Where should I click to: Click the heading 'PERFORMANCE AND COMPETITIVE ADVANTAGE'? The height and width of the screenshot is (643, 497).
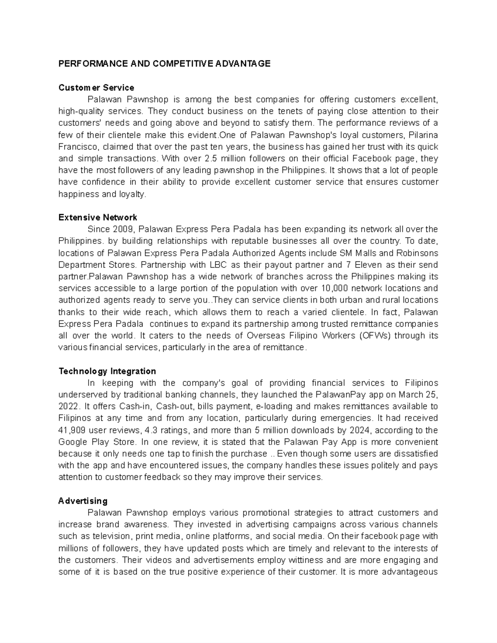(164, 63)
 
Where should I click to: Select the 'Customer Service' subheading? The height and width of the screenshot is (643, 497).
(96, 87)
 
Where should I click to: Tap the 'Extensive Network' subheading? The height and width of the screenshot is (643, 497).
(98, 217)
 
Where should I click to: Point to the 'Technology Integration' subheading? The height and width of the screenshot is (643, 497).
(107, 371)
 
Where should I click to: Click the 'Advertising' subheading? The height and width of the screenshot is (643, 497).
(83, 501)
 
